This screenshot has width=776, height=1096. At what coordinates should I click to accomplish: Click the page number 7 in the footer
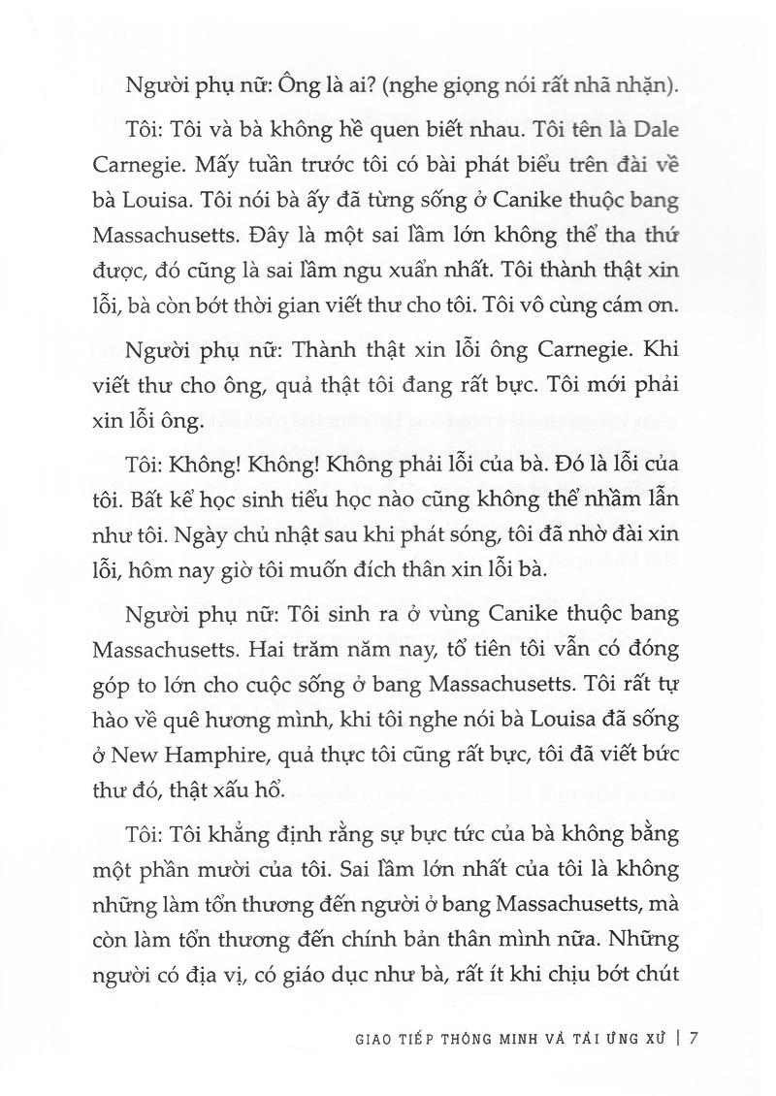(695, 1037)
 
